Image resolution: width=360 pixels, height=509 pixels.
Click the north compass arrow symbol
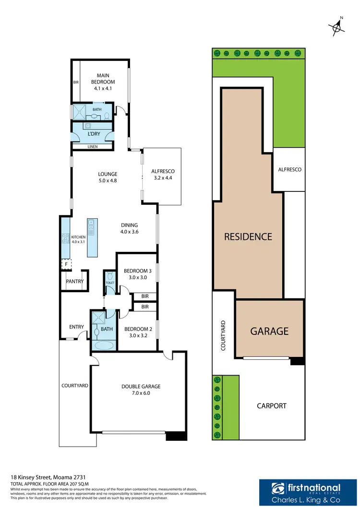(338, 27)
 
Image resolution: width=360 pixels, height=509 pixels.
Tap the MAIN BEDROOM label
(104, 79)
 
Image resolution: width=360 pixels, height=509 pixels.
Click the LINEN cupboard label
(93, 147)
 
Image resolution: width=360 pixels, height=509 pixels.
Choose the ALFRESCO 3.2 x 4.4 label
(163, 174)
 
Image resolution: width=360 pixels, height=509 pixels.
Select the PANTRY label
(75, 282)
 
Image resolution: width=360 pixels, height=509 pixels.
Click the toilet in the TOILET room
(109, 276)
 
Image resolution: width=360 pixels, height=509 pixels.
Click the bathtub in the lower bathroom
(103, 345)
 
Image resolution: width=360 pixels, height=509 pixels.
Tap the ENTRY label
(76, 327)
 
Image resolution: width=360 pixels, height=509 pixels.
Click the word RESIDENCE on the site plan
(248, 237)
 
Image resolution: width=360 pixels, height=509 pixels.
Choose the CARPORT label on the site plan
(271, 406)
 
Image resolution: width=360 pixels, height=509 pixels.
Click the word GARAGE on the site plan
(269, 331)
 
